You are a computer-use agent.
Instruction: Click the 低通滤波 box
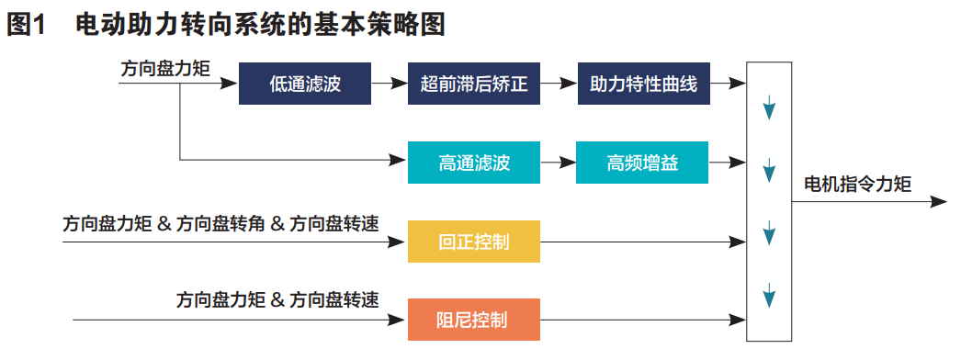point(305,85)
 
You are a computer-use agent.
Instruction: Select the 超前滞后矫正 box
point(474,85)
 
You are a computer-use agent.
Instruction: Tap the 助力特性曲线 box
point(643,85)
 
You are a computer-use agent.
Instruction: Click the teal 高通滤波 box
point(474,163)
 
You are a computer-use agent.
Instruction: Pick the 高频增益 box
point(642,163)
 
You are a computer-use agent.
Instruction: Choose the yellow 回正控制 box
point(474,242)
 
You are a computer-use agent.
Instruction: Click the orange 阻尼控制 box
point(474,321)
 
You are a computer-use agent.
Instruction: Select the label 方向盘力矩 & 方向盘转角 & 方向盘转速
point(220,223)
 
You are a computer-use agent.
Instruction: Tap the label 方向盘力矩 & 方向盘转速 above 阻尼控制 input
point(278,300)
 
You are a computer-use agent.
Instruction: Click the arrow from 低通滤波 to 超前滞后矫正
point(390,85)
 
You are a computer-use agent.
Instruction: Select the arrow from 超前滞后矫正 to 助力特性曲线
point(559,85)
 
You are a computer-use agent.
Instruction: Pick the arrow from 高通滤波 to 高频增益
point(558,163)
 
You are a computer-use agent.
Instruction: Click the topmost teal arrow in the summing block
point(769,107)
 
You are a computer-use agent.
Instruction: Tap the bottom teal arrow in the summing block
point(769,298)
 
